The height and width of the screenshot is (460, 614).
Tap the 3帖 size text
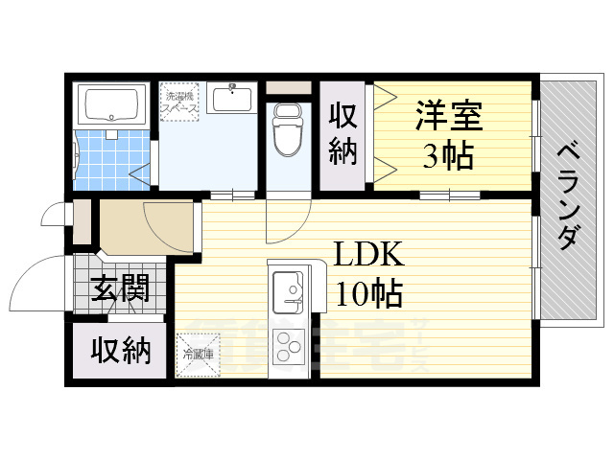click(x=449, y=155)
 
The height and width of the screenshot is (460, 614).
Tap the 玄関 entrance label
click(x=121, y=288)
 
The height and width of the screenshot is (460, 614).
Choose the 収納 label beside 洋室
click(x=343, y=133)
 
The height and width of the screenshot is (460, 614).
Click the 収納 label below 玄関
click(x=121, y=351)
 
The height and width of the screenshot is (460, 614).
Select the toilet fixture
click(x=287, y=129)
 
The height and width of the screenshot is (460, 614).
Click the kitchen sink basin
click(x=287, y=287)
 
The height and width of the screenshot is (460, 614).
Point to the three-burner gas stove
click(x=288, y=344)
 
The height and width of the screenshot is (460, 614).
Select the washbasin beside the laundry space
click(x=230, y=98)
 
